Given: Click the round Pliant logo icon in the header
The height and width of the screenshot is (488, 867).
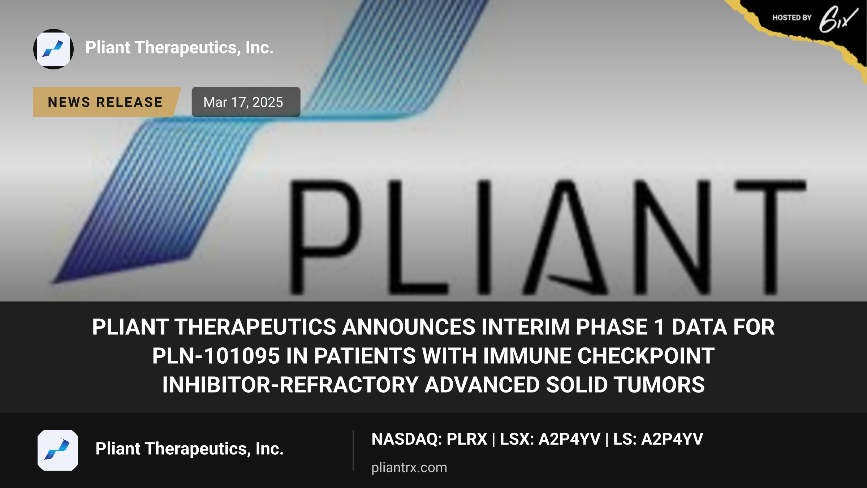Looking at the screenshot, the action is (53, 49).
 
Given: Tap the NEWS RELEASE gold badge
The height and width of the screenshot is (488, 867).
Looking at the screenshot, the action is (107, 102).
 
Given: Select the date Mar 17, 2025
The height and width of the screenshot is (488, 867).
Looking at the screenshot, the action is (243, 102).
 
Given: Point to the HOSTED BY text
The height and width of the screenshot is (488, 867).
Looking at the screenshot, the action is (792, 18).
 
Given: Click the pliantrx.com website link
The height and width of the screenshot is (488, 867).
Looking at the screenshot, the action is (409, 467).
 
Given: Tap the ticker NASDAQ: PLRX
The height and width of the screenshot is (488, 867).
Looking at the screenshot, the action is (430, 439).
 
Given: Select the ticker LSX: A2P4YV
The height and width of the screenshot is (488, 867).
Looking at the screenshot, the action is (550, 439).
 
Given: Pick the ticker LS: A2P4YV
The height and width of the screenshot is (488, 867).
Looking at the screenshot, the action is (658, 439).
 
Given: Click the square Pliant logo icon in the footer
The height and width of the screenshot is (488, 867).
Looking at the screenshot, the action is (58, 450).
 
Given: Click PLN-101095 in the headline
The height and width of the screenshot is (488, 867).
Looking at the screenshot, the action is (216, 356).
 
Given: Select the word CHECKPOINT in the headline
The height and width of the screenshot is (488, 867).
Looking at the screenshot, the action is (646, 356).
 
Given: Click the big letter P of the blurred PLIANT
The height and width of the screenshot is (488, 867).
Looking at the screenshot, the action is (325, 237).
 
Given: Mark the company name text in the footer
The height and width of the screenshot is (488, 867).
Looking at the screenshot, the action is (190, 449).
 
